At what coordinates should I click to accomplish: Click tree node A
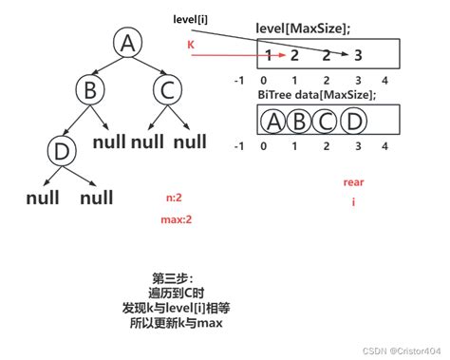[126, 44]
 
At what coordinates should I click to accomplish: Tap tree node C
[166, 92]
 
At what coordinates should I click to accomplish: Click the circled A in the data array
[273, 123]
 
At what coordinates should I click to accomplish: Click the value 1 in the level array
[270, 55]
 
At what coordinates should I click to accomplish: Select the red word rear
[353, 181]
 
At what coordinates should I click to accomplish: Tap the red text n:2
[174, 198]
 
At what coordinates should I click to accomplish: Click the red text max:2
[177, 219]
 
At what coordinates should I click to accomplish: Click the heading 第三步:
[171, 278]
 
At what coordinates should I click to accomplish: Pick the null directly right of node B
[114, 142]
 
